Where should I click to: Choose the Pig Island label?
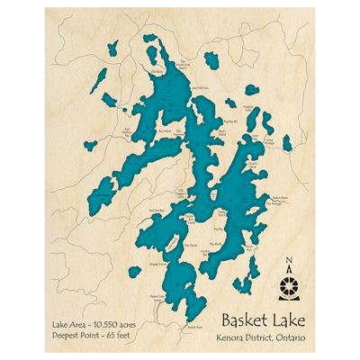coord(164,130)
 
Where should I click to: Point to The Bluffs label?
coord(216,243)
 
